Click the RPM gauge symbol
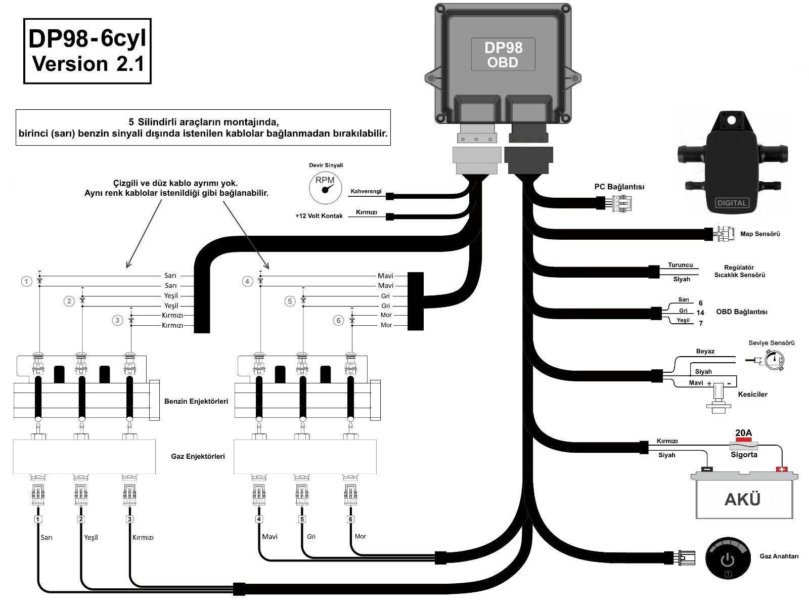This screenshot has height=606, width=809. [325, 187]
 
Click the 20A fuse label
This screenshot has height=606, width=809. [743, 433]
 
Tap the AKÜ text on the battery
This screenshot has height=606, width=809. [742, 500]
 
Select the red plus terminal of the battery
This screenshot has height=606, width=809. [782, 469]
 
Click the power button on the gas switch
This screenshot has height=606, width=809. [727, 559]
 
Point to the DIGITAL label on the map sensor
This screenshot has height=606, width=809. [732, 203]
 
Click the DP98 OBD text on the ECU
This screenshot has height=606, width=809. [503, 55]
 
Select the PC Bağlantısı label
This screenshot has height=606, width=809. [619, 187]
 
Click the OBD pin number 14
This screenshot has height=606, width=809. [700, 313]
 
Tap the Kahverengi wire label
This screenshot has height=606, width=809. [366, 192]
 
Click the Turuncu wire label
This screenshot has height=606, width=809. [680, 265]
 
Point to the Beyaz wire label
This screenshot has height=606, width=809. [705, 351]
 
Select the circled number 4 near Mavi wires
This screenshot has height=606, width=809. [247, 281]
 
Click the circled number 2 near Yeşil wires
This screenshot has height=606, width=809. [69, 301]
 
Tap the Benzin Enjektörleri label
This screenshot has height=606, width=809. [196, 401]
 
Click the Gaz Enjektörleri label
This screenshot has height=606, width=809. [198, 456]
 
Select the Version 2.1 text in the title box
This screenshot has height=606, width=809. [88, 64]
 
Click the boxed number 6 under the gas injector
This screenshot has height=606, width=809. [350, 519]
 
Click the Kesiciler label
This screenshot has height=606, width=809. [752, 394]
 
